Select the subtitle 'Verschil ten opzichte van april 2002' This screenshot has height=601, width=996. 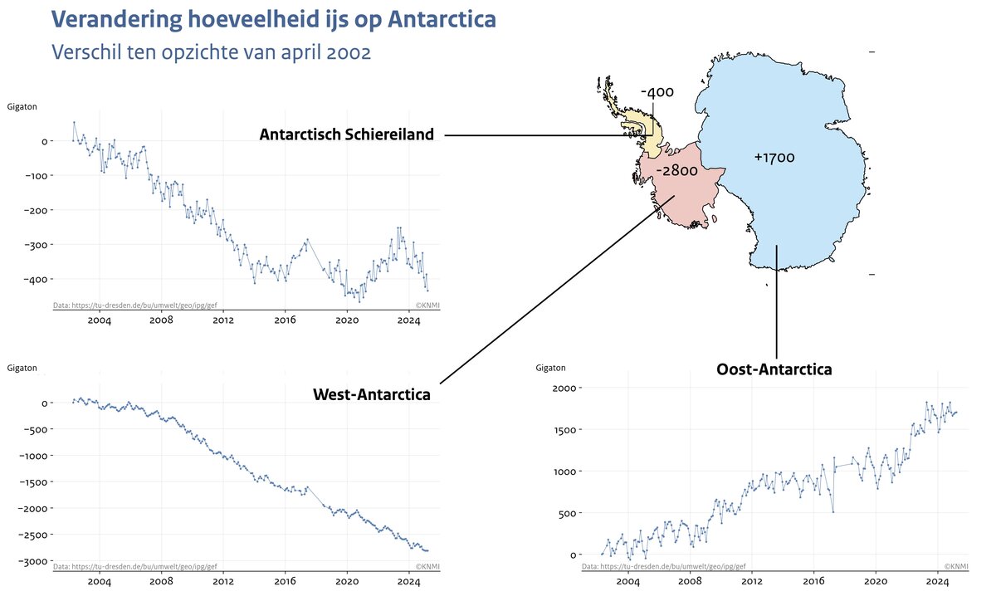210,51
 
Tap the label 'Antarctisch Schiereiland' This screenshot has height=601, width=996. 346,134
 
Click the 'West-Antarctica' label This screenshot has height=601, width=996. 372,394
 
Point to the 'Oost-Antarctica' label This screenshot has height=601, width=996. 774,369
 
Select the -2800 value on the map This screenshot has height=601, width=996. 676,170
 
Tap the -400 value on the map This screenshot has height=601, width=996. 657,92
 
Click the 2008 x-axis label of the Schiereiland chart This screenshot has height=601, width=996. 161,320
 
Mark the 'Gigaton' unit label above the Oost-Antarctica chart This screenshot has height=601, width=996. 550,368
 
